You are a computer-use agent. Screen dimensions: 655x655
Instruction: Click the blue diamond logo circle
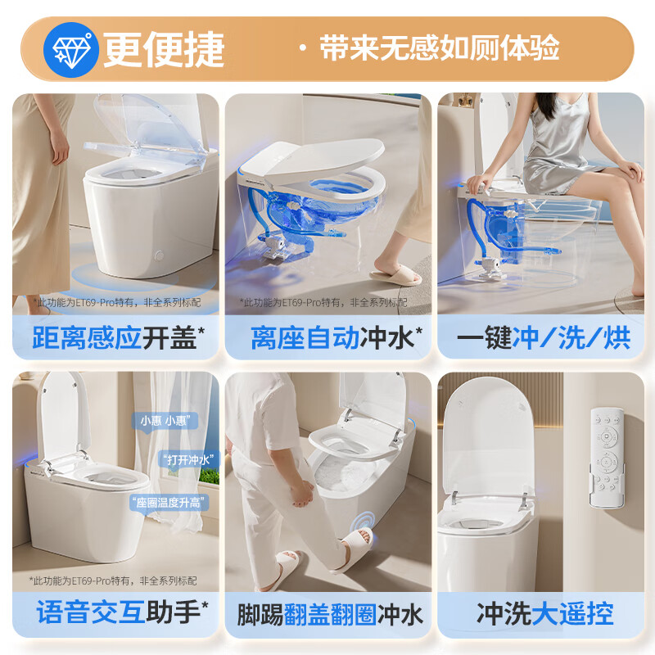pyautogui.click(x=71, y=50)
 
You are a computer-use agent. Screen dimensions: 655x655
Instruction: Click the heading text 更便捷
pyautogui.click(x=165, y=49)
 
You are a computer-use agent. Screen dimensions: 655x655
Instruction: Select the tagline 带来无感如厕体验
pyautogui.click(x=440, y=47)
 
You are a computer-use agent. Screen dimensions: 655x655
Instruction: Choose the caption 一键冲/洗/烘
pyautogui.click(x=544, y=337)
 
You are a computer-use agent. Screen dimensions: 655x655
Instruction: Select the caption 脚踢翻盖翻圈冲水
pyautogui.click(x=330, y=614)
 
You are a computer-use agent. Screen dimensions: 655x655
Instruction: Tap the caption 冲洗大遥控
pyautogui.click(x=544, y=613)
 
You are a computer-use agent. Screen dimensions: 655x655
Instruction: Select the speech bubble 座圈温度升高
pyautogui.click(x=169, y=503)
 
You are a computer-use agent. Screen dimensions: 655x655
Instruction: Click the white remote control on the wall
pyautogui.click(x=607, y=458)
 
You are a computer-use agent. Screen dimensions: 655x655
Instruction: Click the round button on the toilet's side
pyautogui.click(x=159, y=255)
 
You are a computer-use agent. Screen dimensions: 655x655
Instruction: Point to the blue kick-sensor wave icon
pyautogui.click(x=362, y=522)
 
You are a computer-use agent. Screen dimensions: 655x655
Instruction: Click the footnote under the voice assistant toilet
pyautogui.click(x=113, y=580)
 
